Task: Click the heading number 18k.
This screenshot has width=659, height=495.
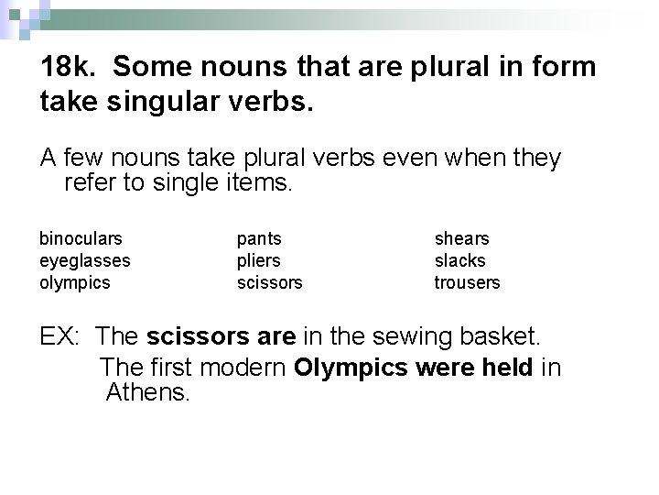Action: [x=70, y=68]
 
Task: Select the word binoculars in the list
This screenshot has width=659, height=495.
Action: [x=81, y=239]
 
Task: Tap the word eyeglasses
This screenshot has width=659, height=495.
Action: [x=84, y=261]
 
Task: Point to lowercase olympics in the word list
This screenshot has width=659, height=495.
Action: [x=74, y=283]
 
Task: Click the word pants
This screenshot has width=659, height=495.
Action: [x=259, y=239]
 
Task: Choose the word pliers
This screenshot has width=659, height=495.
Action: [x=258, y=261]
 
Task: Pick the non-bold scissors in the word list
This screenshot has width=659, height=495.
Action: [x=269, y=283]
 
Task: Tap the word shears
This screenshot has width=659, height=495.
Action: [x=461, y=239]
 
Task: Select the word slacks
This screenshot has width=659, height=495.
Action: [x=459, y=261]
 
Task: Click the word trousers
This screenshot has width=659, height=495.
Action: [x=467, y=283]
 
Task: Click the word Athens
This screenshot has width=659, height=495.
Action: [x=147, y=394]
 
